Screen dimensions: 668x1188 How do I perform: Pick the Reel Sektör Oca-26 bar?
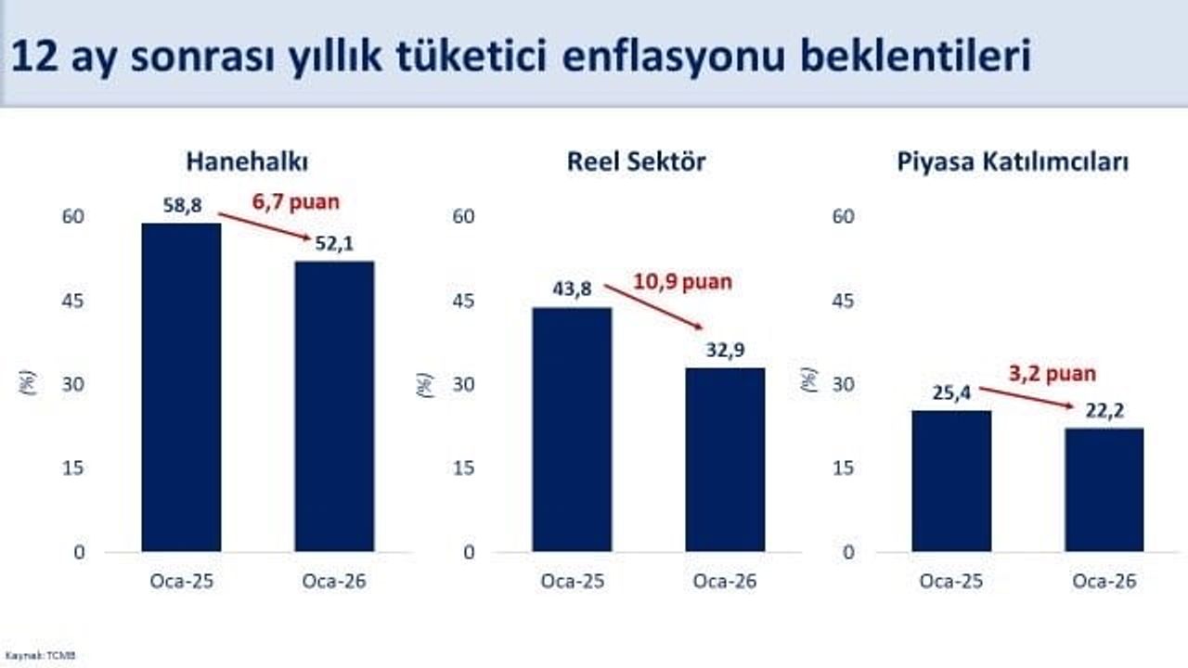click(x=725, y=460)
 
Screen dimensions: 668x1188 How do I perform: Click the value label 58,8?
click(x=182, y=206)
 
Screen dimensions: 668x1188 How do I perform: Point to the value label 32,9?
click(x=725, y=350)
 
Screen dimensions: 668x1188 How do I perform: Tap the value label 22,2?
click(x=1104, y=410)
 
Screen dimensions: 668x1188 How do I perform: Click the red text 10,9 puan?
click(x=682, y=281)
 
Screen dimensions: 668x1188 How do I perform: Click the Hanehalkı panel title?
click(x=247, y=161)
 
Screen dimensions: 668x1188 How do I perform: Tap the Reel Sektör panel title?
click(x=636, y=161)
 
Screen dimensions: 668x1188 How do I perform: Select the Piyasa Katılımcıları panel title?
click(x=1013, y=162)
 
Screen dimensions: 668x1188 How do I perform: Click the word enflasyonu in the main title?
click(x=675, y=57)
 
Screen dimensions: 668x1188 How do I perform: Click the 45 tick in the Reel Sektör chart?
click(x=463, y=301)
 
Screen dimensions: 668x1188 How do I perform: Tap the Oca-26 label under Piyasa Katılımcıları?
click(x=1104, y=582)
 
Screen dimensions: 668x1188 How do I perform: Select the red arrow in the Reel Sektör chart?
click(x=653, y=306)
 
